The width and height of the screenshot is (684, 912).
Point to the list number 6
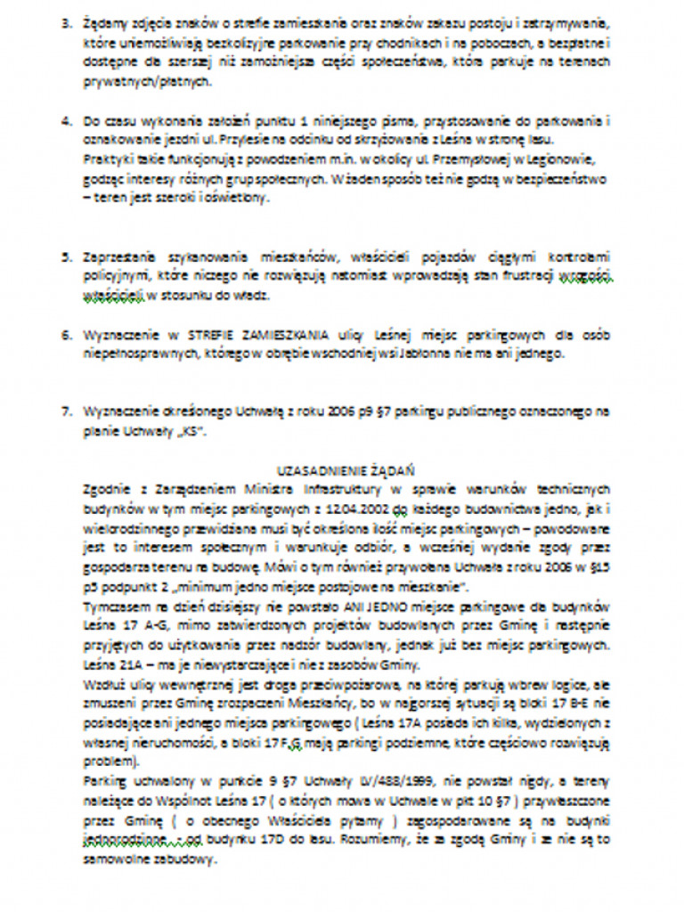click(65, 339)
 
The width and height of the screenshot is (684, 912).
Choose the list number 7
click(65, 411)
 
